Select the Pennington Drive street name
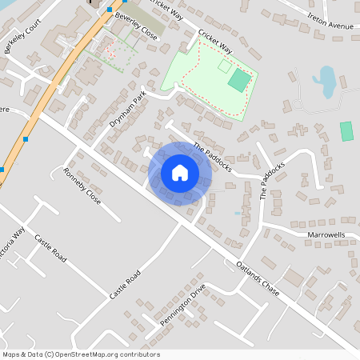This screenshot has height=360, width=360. click(182, 305)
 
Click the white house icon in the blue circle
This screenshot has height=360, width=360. click(180, 173)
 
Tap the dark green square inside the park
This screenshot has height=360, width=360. click(238, 80)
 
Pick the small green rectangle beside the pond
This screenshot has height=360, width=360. click(346, 131)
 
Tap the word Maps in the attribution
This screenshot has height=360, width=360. click(11, 354)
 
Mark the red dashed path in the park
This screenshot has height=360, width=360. click(186, 74)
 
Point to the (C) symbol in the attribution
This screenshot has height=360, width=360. click(49, 354)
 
